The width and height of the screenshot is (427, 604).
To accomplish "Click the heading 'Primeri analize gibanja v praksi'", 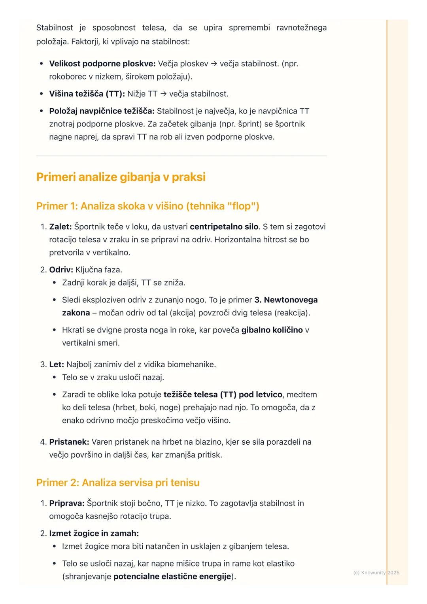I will (121, 177).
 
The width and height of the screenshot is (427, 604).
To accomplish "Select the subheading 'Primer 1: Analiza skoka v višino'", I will (147, 206).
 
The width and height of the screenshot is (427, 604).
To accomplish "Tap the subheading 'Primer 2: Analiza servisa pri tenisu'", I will (118, 483).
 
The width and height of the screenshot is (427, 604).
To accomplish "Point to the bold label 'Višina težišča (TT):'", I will (87, 94).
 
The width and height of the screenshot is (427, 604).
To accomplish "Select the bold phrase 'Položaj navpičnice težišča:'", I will (102, 111).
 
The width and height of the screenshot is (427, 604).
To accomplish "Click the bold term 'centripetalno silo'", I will (224, 227).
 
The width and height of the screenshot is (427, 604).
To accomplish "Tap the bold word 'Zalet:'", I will (60, 227).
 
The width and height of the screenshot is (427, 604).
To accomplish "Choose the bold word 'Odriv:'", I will (61, 270).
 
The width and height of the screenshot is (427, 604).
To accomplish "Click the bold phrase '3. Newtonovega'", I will (286, 300).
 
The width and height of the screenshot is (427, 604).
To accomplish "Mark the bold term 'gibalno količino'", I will (272, 330).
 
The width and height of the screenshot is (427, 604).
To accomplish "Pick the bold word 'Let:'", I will (57, 364).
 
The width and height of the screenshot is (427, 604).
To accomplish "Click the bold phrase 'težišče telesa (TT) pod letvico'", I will (223, 394).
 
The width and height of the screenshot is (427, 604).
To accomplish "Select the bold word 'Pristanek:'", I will (69, 442).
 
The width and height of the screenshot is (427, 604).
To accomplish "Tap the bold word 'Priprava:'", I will (67, 503).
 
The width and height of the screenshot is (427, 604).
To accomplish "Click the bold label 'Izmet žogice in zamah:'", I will (94, 534).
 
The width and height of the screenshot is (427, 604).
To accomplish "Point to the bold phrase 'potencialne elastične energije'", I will (172, 577).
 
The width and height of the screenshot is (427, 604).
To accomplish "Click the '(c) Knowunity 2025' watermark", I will (376, 572).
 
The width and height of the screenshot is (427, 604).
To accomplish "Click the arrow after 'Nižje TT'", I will (163, 94).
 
